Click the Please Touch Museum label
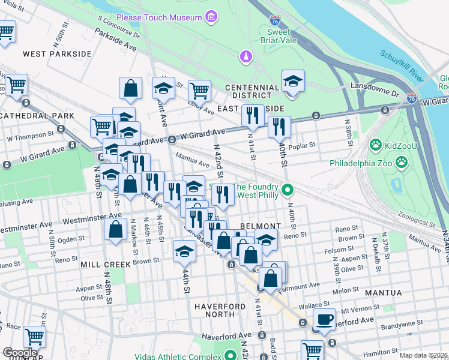159,17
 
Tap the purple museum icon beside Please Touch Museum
211,18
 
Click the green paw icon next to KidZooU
376,144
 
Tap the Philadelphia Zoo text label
361,162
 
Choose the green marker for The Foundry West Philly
288,190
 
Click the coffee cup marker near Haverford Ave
325,320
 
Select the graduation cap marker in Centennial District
293,82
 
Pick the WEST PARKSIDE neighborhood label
57,54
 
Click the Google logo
20,353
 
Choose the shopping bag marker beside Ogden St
115,229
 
